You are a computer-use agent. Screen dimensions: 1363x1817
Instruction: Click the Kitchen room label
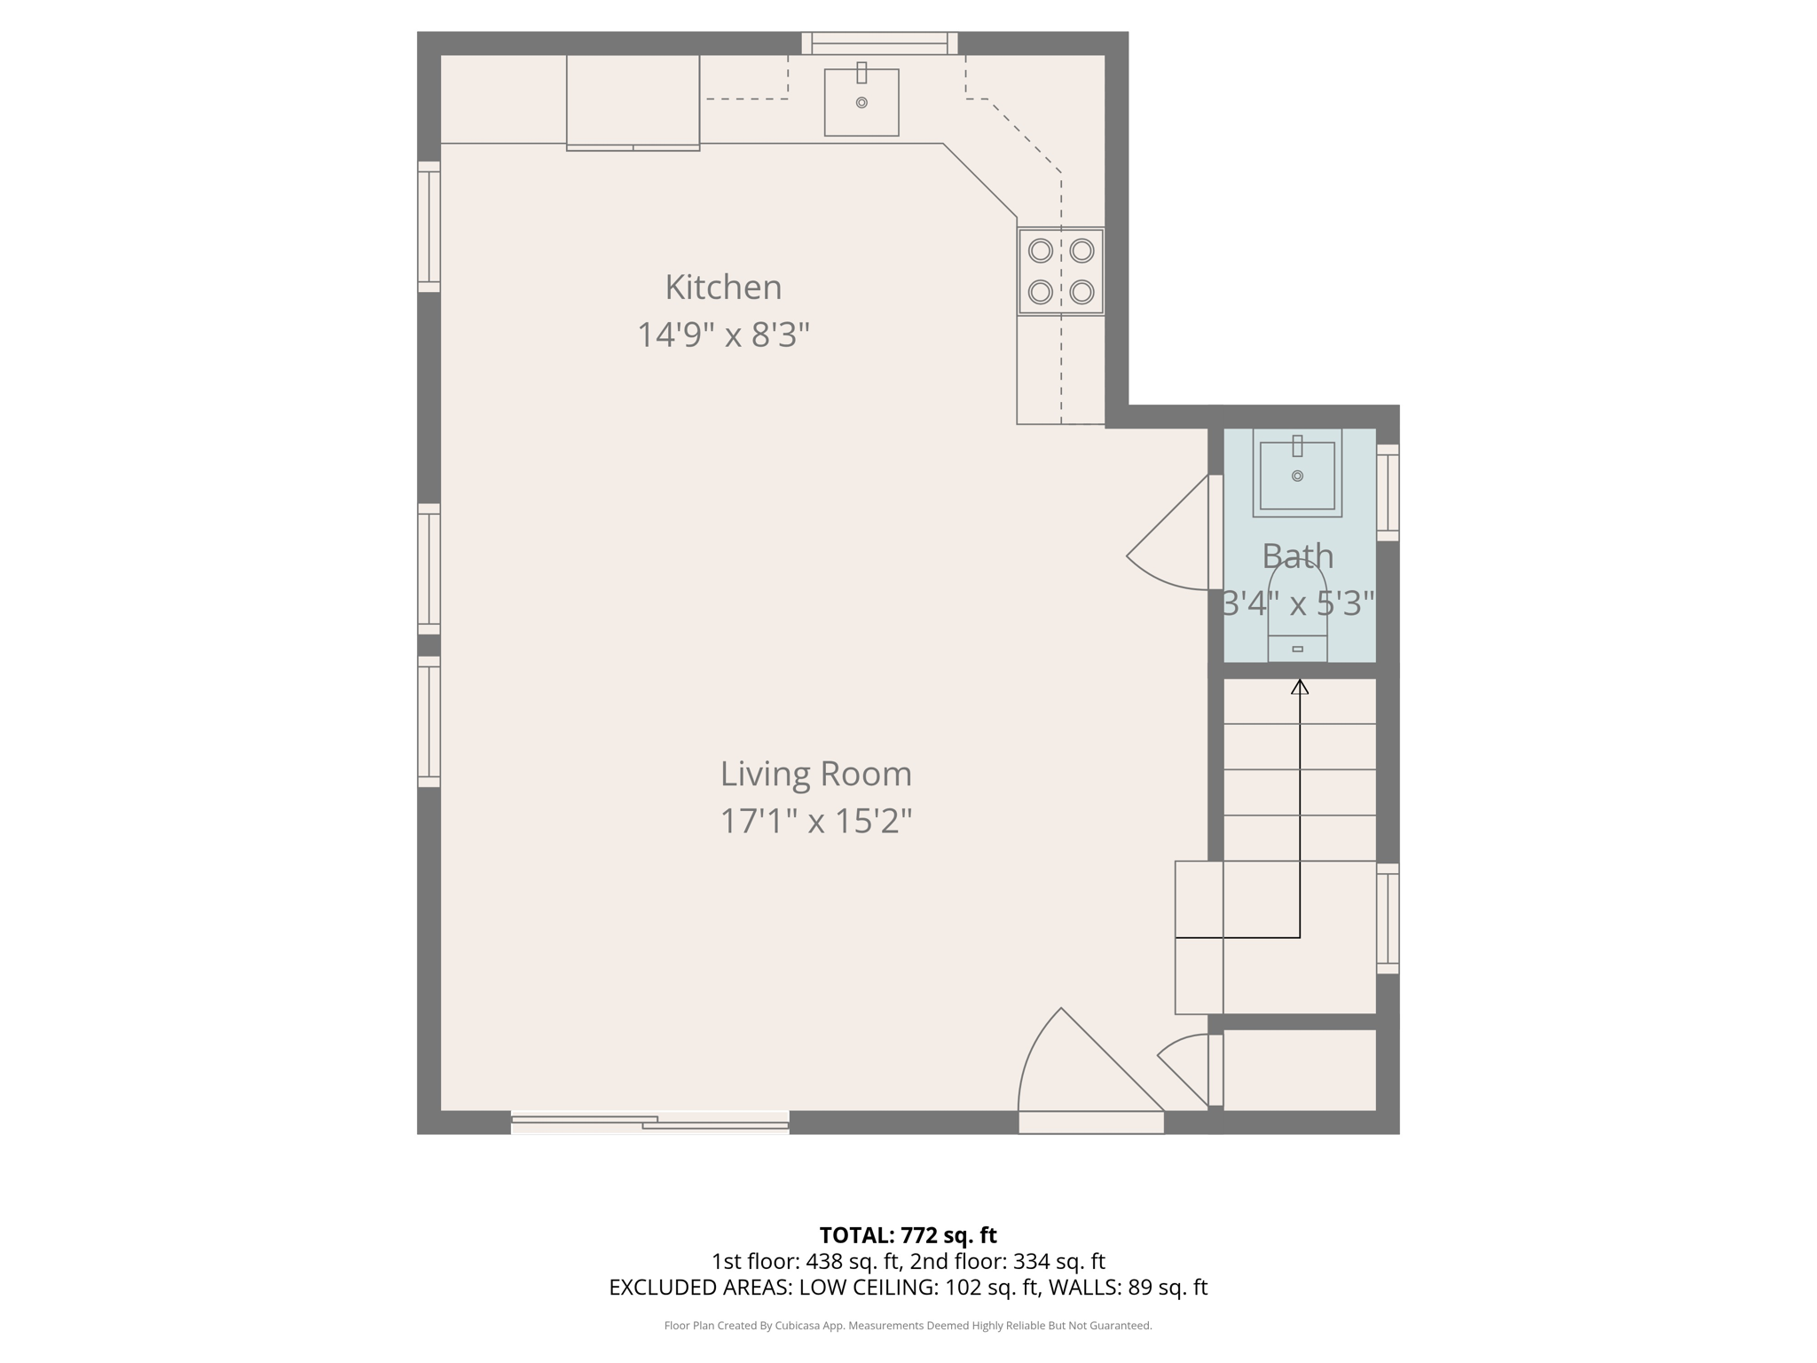(x=723, y=288)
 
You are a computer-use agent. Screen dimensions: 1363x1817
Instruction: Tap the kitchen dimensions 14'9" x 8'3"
(x=723, y=335)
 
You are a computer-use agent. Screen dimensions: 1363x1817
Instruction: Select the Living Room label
(x=815, y=774)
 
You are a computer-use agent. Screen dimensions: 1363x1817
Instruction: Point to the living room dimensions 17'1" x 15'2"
(x=815, y=822)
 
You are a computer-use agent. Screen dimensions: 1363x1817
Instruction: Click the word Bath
(x=1297, y=556)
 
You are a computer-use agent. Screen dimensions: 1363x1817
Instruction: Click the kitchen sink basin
(x=861, y=103)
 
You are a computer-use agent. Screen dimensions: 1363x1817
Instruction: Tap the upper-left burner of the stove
(x=1040, y=251)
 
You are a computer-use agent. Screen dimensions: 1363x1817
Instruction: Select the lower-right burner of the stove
(x=1082, y=291)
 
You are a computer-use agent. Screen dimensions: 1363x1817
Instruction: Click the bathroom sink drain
(x=1297, y=477)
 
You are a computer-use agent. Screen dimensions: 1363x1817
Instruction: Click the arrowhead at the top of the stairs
(x=1300, y=687)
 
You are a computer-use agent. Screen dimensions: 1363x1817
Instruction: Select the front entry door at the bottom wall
(x=1090, y=1123)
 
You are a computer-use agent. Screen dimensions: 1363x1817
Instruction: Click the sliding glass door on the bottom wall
(x=649, y=1123)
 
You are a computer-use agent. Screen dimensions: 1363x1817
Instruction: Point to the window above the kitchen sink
(x=879, y=43)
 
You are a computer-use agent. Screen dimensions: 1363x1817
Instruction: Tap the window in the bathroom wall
(x=1388, y=492)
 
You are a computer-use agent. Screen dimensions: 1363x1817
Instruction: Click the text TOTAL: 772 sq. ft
(x=908, y=1235)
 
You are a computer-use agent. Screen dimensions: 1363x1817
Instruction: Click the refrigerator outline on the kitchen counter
(x=633, y=99)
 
